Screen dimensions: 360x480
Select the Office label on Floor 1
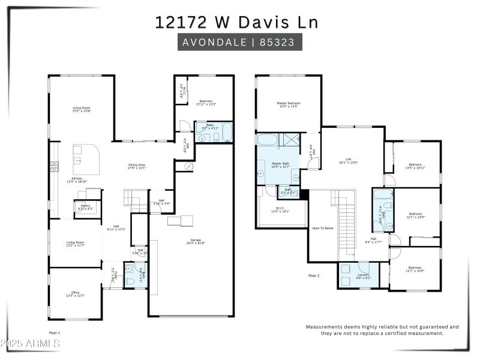coord(76,293)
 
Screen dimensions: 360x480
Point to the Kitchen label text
coord(77,178)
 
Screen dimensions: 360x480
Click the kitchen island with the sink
coord(85,157)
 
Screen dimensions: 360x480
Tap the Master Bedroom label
coord(289,103)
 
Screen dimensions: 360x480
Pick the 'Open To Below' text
coord(322,228)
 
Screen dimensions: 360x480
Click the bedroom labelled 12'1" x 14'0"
coord(416,214)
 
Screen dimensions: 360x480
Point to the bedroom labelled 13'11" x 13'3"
coord(206,101)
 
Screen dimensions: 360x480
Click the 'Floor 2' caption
coord(314,275)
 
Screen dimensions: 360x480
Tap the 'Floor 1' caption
coord(55,332)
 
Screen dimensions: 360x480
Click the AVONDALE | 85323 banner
coord(239,42)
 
